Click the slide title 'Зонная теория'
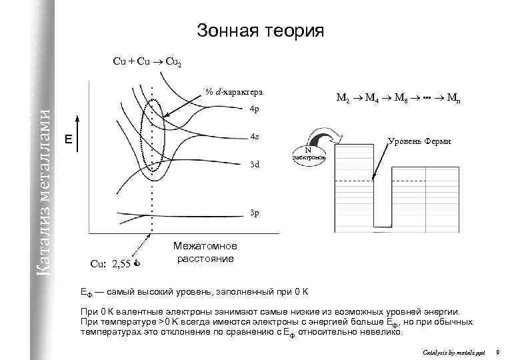pos(260,31)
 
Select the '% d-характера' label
pos(234,91)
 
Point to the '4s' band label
pos(254,137)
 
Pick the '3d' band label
pos(254,164)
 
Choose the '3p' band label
pos(254,213)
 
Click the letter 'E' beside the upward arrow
pos(67,139)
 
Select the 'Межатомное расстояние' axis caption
pos(205,252)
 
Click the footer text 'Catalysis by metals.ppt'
pos(451,351)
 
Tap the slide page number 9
pos(498,351)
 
